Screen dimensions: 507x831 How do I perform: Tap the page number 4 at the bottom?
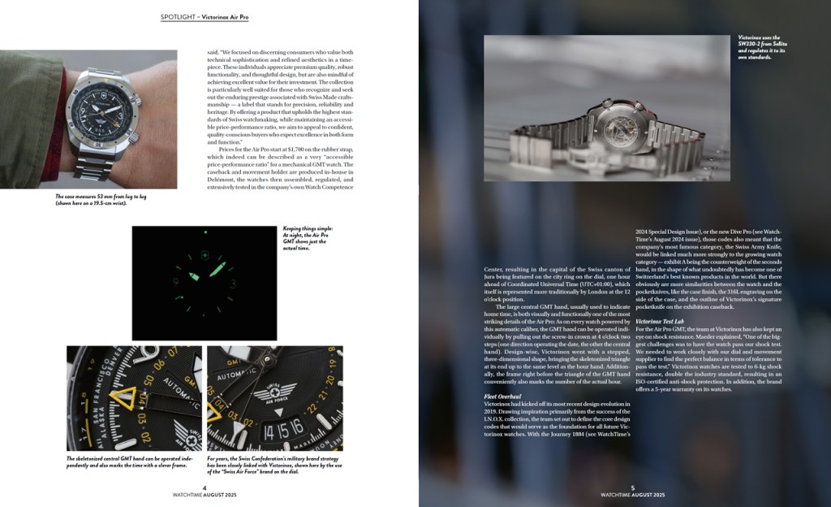coord(205,487)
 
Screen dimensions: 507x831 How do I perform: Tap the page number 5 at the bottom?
coord(632,487)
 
